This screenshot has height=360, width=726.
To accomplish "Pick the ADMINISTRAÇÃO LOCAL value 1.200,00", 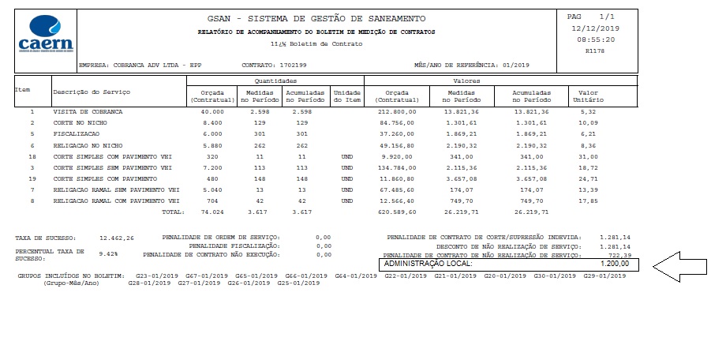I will (612, 263).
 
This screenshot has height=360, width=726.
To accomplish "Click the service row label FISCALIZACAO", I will (76, 134).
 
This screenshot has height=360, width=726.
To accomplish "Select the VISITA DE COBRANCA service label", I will (88, 112).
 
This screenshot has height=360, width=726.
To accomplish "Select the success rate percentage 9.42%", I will (108, 254).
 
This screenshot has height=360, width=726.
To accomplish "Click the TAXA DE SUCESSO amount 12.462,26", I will (118, 237).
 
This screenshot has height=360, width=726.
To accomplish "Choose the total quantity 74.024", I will (212, 212).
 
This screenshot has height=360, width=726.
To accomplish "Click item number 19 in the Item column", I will (32, 178).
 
